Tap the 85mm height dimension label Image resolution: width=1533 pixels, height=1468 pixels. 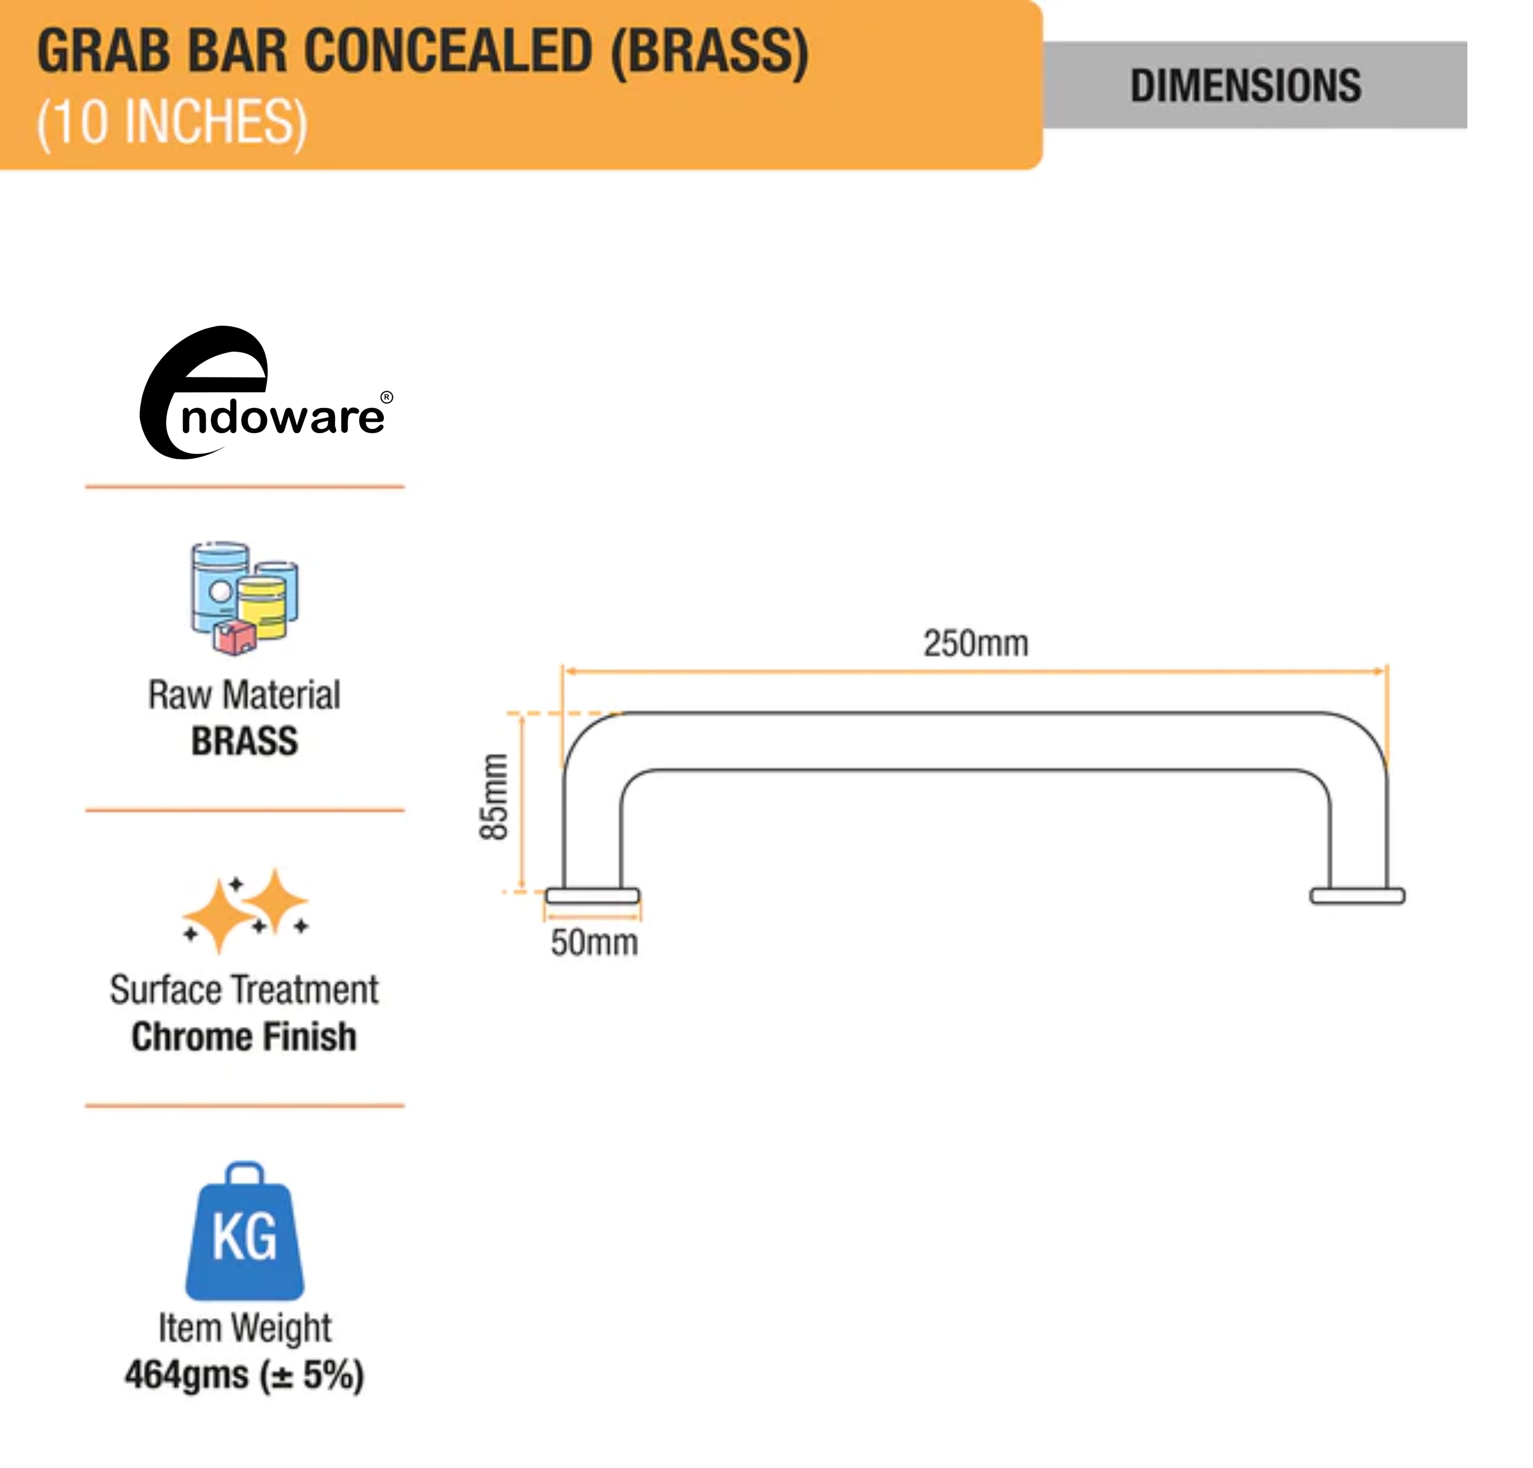click(x=494, y=797)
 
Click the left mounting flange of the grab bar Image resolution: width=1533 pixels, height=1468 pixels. click(x=592, y=896)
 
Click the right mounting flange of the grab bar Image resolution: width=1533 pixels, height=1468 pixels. click(x=1357, y=896)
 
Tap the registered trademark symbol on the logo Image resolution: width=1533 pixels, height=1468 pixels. click(x=386, y=397)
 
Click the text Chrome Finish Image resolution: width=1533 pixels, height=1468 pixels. click(x=244, y=1037)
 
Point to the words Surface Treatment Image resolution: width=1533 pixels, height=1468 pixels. click(x=244, y=990)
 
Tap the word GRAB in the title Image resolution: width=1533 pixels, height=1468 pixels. click(x=103, y=52)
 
